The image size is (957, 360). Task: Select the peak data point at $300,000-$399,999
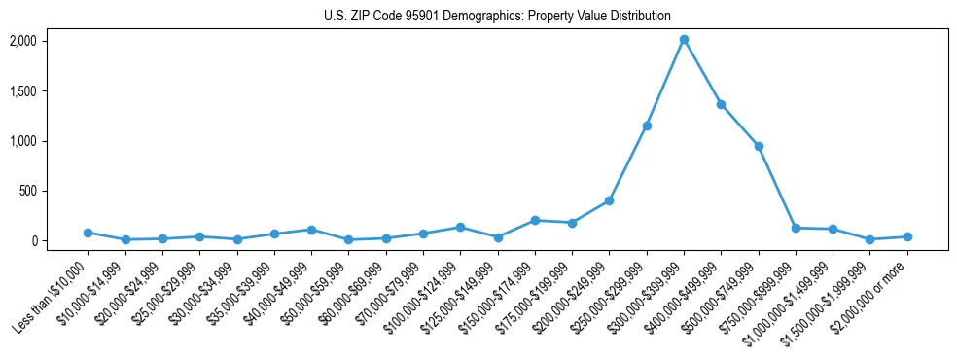(684, 40)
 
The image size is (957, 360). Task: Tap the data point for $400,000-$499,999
(721, 104)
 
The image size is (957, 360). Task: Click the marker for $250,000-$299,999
(647, 126)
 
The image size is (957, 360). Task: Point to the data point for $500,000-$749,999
(759, 146)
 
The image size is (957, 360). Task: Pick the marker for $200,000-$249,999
(609, 200)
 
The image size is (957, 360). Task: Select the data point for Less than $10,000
(88, 233)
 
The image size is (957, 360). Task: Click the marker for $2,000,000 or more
(907, 236)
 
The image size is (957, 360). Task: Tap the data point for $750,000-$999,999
(796, 228)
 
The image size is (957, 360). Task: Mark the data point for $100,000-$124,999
(460, 227)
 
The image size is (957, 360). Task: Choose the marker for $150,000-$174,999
(535, 220)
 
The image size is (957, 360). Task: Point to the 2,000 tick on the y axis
(22, 41)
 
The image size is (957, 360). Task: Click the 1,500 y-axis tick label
(22, 91)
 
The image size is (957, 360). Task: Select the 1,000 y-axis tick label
(22, 141)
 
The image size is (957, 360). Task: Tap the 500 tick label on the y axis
(26, 191)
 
